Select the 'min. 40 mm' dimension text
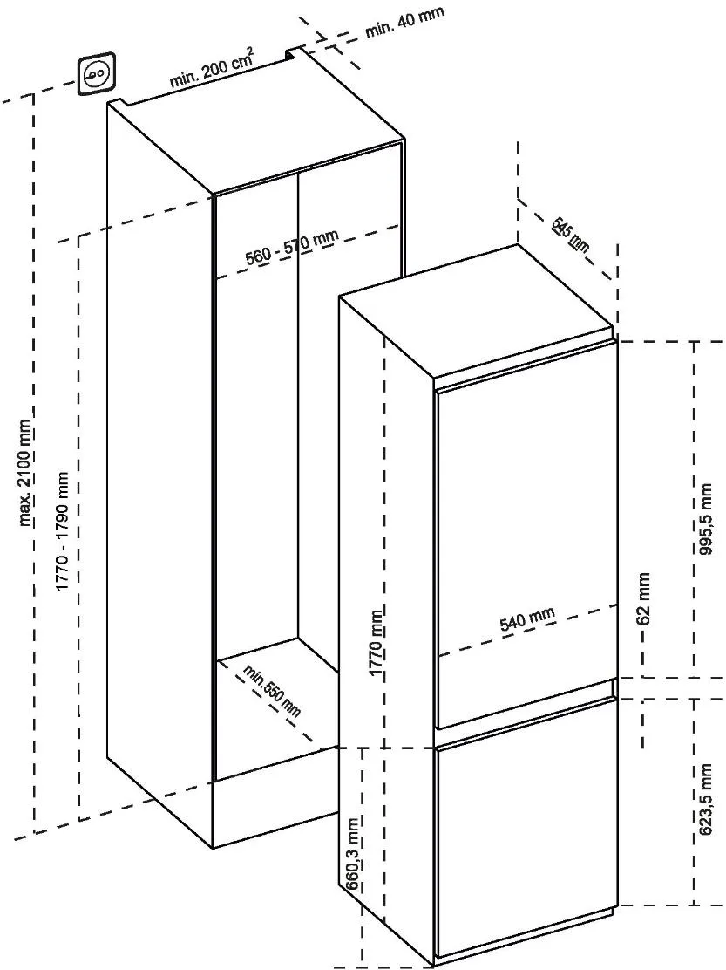click(x=404, y=22)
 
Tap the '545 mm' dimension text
click(x=572, y=236)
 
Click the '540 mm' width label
click(x=526, y=619)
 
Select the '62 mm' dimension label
click(x=644, y=599)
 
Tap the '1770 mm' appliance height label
click(x=376, y=641)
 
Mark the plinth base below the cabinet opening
click(x=275, y=811)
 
